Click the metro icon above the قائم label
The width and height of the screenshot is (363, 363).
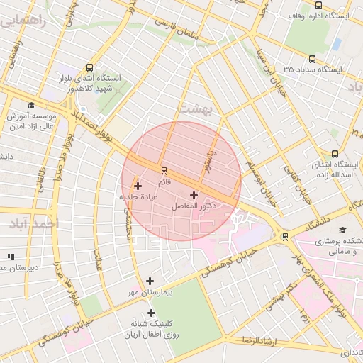[x=164, y=170]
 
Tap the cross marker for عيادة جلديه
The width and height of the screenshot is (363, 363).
[x=138, y=186]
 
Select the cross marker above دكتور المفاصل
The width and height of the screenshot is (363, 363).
[x=194, y=194]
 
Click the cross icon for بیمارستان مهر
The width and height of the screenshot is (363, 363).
[x=150, y=281]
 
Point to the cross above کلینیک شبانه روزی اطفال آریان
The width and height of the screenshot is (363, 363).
[x=151, y=313]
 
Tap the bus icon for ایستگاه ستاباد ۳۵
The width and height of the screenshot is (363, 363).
[x=313, y=60]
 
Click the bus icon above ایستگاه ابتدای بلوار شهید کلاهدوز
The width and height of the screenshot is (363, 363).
[x=89, y=66]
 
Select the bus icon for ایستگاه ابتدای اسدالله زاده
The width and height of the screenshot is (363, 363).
[x=335, y=153]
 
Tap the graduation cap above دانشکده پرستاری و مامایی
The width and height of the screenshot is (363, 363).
[x=343, y=230]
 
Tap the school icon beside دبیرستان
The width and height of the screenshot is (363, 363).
[x=10, y=257]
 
